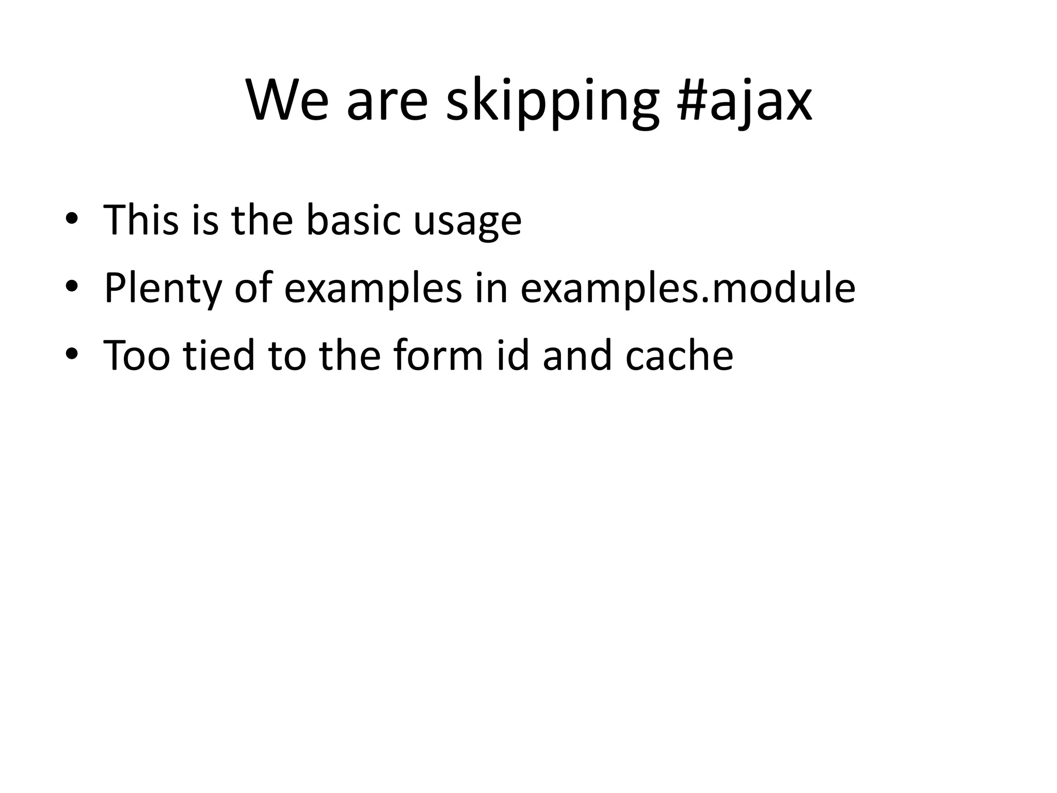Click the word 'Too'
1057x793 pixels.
pyautogui.click(x=137, y=356)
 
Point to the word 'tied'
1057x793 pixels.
pyautogui.click(x=219, y=356)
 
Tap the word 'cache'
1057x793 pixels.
pyautogui.click(x=679, y=356)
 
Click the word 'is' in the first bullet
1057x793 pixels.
pyautogui.click(x=205, y=220)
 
